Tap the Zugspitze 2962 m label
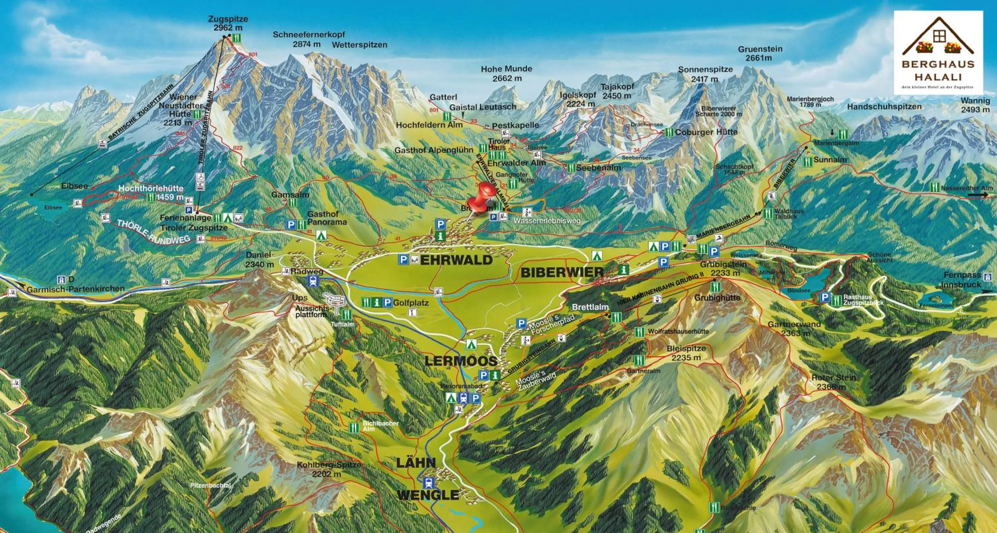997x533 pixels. tap(228, 23)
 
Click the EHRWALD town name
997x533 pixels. tap(456, 260)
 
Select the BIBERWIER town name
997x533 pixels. tap(562, 272)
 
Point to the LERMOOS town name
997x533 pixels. tap(461, 361)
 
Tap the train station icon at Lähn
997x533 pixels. tap(429, 483)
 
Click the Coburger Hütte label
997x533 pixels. tap(706, 132)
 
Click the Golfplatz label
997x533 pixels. tap(411, 303)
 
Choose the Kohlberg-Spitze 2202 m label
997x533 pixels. tap(329, 469)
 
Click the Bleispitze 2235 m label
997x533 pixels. tap(686, 353)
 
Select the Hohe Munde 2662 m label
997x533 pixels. tap(506, 73)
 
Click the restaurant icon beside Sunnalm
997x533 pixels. tap(807, 162)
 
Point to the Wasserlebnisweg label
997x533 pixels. tap(547, 221)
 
